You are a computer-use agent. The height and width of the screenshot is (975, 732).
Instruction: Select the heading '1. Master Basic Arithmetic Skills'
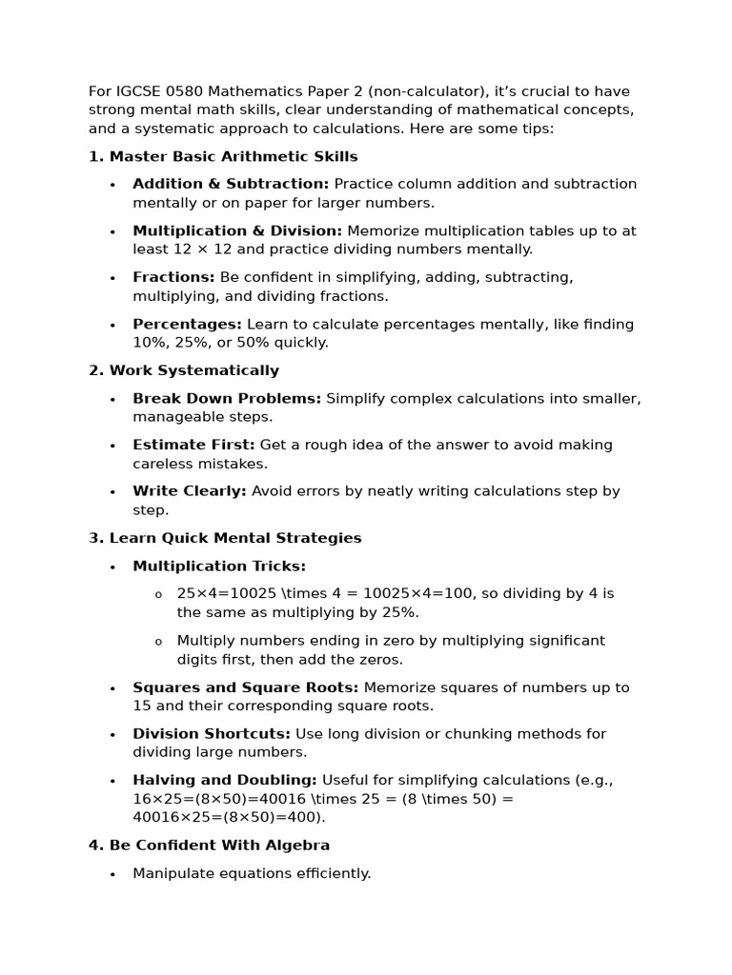tap(223, 156)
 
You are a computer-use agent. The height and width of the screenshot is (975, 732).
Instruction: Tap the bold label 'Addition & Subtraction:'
tap(231, 184)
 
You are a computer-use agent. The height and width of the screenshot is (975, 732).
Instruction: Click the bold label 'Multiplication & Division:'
tap(237, 230)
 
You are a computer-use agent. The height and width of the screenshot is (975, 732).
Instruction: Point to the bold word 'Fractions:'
tap(173, 277)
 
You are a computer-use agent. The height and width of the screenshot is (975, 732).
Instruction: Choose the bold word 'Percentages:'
tap(187, 324)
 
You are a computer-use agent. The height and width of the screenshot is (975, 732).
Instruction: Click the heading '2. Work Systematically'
tap(184, 370)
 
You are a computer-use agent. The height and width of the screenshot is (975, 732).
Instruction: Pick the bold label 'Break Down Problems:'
tap(227, 398)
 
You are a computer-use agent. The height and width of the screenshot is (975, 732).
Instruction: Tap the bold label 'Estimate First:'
tap(193, 445)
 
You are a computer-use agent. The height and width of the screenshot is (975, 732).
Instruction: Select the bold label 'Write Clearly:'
tap(190, 491)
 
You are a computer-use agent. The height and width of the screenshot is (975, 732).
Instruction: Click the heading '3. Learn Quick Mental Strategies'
tap(225, 538)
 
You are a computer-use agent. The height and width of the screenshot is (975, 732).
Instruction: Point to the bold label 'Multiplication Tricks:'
tap(219, 566)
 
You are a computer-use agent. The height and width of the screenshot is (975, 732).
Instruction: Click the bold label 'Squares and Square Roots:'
tap(246, 687)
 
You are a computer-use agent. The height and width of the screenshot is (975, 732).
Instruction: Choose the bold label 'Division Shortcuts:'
tap(212, 734)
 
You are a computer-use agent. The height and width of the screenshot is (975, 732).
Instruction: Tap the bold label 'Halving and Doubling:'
tap(225, 781)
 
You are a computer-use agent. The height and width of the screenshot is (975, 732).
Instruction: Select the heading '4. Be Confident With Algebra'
tap(210, 846)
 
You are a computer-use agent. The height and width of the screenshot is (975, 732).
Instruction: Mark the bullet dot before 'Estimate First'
tap(112, 447)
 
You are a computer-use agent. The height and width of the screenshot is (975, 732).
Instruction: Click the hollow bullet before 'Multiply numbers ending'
tap(158, 642)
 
